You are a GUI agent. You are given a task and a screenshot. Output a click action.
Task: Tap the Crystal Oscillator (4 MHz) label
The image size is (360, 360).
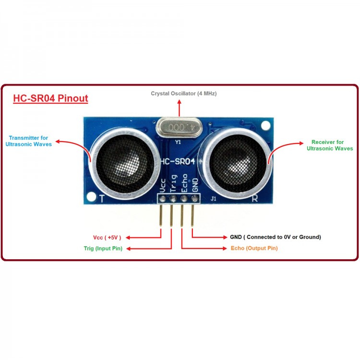coord(184,94)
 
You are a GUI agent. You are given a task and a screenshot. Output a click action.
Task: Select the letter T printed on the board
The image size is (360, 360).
coord(101,198)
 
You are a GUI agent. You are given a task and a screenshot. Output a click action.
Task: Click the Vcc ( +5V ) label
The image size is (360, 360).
coord(107,237)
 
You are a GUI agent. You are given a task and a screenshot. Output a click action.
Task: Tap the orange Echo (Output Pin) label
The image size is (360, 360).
coord(254,248)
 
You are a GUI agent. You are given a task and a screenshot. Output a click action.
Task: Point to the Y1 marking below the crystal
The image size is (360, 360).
coord(178,142)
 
